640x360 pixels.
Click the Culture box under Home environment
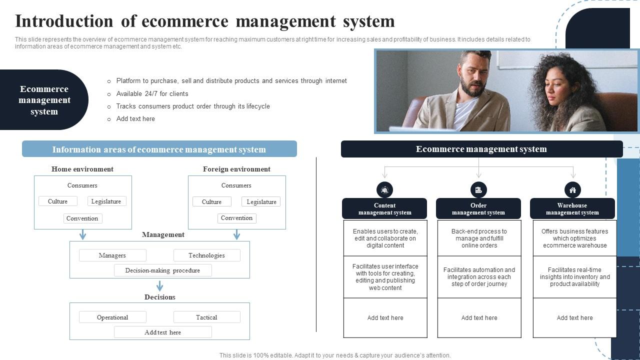coord(58,201)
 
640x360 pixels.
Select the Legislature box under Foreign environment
coord(261,201)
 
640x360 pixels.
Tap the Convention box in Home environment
coord(82,218)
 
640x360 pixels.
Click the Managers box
coord(112,255)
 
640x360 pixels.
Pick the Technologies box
coord(206,255)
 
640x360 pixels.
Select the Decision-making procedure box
coord(162,270)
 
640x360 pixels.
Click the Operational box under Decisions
coord(112,317)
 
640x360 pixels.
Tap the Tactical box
coord(206,317)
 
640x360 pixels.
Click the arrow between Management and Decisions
coord(159,286)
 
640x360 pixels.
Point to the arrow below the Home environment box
coord(83,234)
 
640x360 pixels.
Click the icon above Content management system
coord(384,189)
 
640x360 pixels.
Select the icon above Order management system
coord(478,189)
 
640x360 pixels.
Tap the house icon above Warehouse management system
coord(572,189)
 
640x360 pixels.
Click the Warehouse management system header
coord(572,209)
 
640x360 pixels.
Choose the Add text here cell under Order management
coord(479,318)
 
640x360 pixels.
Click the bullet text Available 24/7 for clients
coord(152,93)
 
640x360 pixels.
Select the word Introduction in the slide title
coord(64,21)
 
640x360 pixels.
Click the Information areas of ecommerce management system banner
coord(159,149)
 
